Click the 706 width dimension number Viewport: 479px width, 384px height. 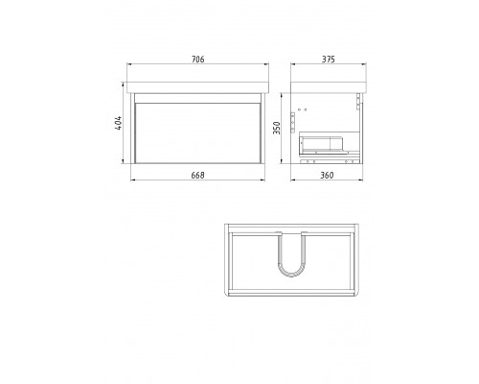click(x=197, y=60)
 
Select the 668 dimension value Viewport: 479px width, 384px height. click(x=197, y=176)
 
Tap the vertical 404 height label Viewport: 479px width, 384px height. click(x=118, y=123)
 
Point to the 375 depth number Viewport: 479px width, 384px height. click(x=329, y=60)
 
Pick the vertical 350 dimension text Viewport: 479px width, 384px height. click(x=277, y=128)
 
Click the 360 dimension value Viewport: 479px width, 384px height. click(x=327, y=176)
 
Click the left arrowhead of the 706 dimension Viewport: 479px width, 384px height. click(x=129, y=64)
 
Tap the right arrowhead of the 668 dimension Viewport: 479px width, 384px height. click(x=262, y=180)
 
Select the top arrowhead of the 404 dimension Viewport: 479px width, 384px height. click(x=123, y=84)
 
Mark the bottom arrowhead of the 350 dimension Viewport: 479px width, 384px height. click(x=282, y=160)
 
